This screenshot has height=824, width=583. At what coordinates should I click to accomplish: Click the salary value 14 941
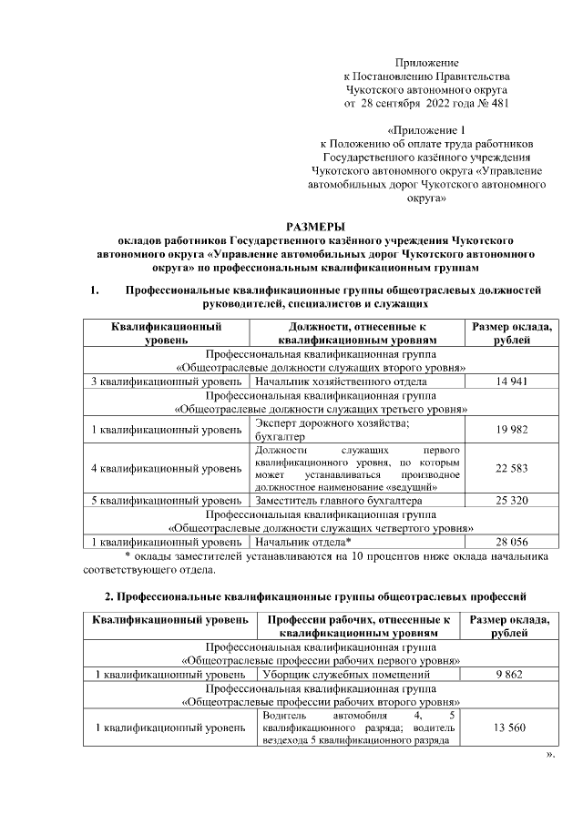point(511,381)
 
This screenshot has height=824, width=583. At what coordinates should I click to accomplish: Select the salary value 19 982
point(511,430)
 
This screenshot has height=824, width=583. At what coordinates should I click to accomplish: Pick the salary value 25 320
point(511,501)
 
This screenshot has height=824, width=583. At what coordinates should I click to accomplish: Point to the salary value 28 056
point(511,541)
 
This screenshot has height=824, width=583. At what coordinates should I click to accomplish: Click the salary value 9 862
point(511,675)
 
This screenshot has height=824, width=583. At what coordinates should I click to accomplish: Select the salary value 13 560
point(511,727)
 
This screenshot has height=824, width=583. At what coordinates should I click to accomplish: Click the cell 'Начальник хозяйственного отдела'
point(342,381)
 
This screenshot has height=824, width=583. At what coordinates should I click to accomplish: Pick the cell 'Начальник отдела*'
point(304,541)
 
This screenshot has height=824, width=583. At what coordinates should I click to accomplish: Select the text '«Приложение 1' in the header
point(426,130)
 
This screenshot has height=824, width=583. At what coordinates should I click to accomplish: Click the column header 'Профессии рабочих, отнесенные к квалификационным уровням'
point(359,626)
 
